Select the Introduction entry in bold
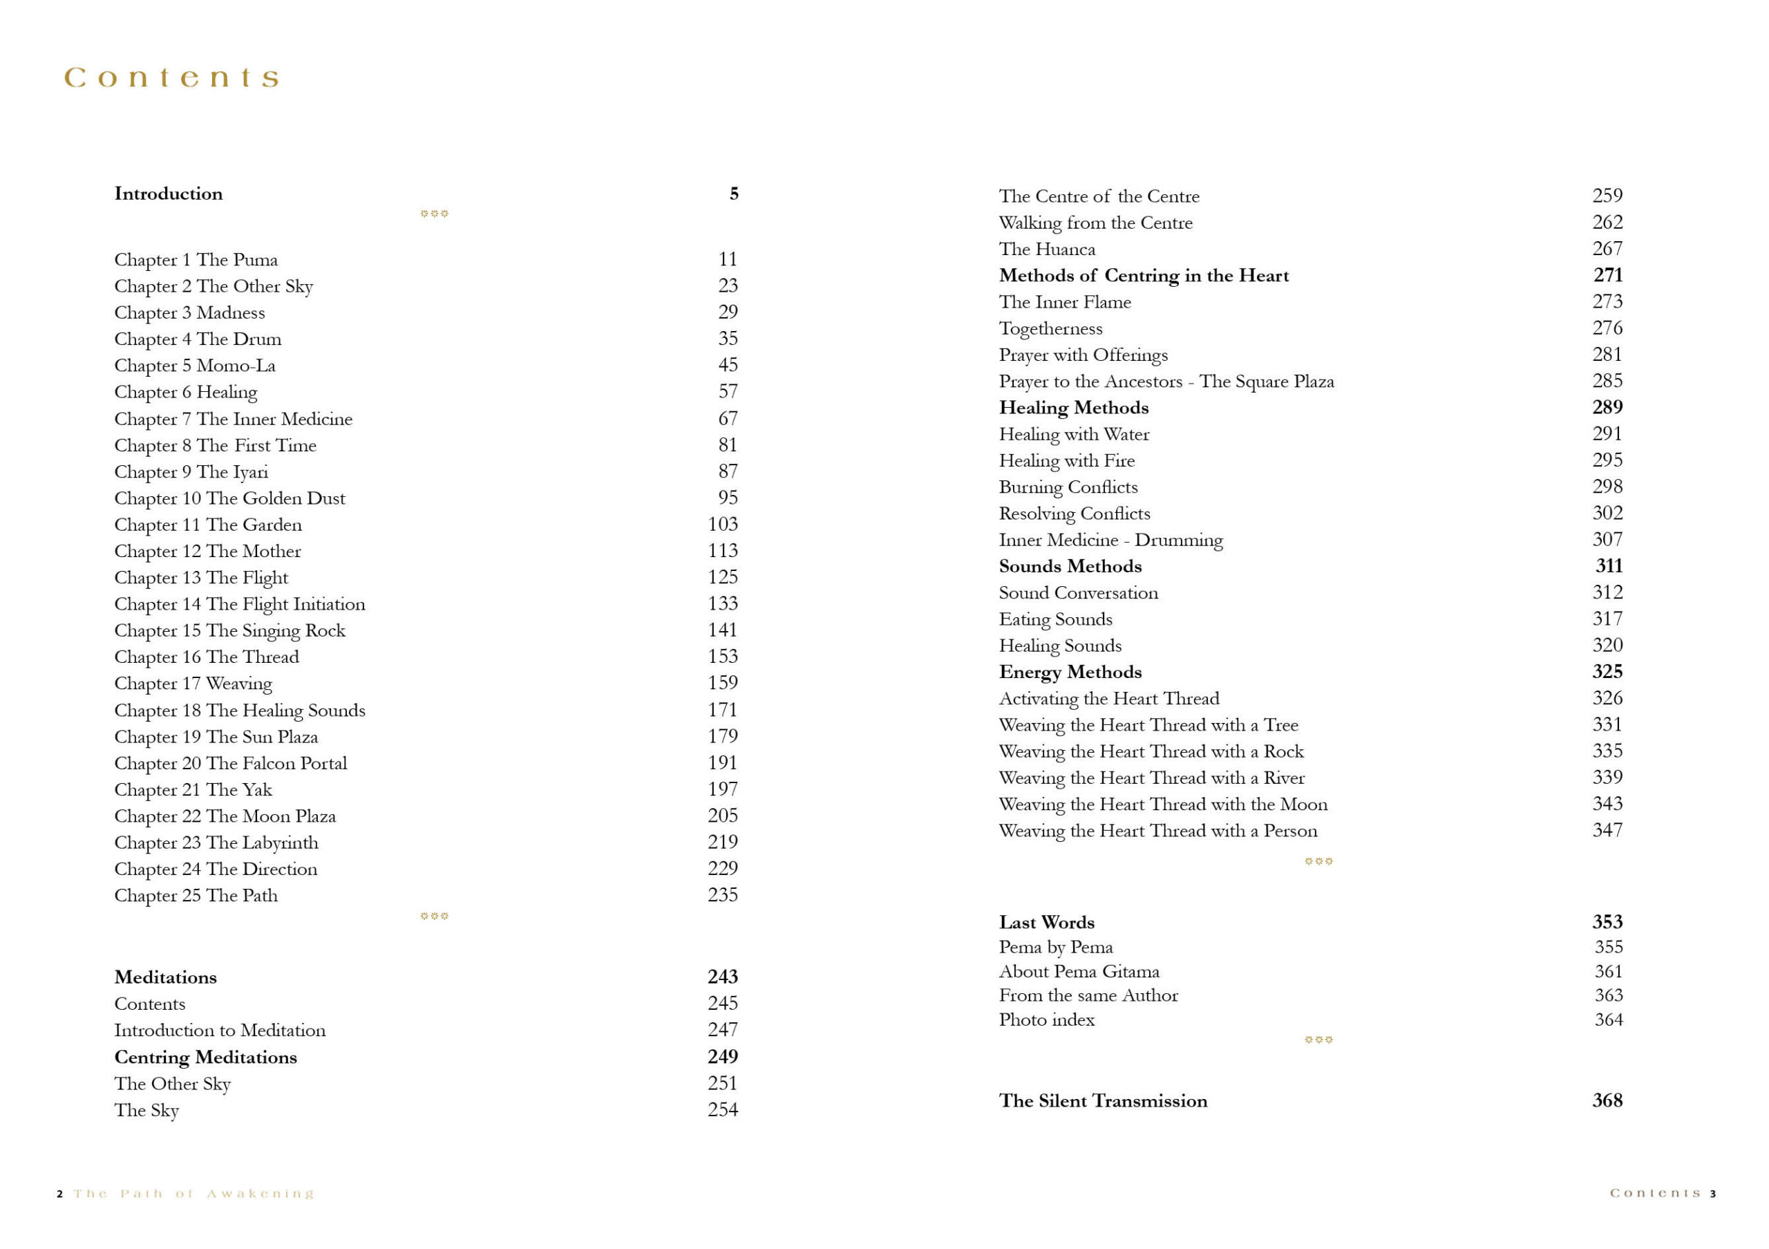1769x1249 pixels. (168, 194)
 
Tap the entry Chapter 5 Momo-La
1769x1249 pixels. (194, 365)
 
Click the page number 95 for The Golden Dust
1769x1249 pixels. (728, 498)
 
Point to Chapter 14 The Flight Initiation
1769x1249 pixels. (240, 604)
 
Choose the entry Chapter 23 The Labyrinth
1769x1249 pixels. (216, 842)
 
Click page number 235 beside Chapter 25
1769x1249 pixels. (722, 894)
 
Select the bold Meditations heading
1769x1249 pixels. (165, 977)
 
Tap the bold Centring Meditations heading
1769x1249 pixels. (205, 1057)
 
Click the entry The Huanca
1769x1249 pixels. (1046, 249)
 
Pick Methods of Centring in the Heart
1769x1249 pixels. (1144, 275)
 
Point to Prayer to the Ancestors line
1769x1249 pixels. (1166, 382)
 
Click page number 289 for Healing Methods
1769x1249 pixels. (1607, 407)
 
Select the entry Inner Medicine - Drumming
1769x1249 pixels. (1110, 540)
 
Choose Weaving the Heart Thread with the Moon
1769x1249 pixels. (1163, 805)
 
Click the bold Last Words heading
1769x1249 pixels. (1046, 922)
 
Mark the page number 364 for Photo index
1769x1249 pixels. (1608, 1020)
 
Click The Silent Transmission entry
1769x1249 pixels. (1103, 1101)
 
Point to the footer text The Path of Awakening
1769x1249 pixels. (193, 1194)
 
